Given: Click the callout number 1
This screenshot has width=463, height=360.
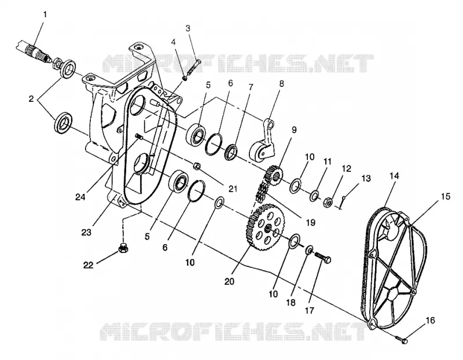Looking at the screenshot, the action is [x=45, y=14].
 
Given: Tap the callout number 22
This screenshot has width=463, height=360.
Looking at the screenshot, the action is [x=88, y=265].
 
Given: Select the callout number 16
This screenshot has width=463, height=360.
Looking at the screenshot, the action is [x=431, y=320].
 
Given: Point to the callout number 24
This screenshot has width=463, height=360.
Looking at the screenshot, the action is [x=80, y=197].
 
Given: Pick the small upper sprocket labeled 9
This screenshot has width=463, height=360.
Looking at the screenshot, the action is [x=274, y=175].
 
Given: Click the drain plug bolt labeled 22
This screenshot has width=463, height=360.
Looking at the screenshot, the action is [x=123, y=248].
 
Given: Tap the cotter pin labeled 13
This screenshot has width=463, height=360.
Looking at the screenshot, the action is [x=343, y=203].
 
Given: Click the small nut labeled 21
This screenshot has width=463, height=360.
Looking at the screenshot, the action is [x=196, y=166].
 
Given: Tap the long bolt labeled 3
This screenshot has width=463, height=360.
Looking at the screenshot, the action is [x=193, y=68].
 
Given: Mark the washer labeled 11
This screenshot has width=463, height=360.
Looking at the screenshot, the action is [x=314, y=196].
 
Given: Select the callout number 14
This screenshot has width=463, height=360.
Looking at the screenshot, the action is [x=394, y=176].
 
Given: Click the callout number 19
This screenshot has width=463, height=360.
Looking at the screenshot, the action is [x=311, y=222].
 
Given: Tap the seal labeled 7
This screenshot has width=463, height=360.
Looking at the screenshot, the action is [x=231, y=152].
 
